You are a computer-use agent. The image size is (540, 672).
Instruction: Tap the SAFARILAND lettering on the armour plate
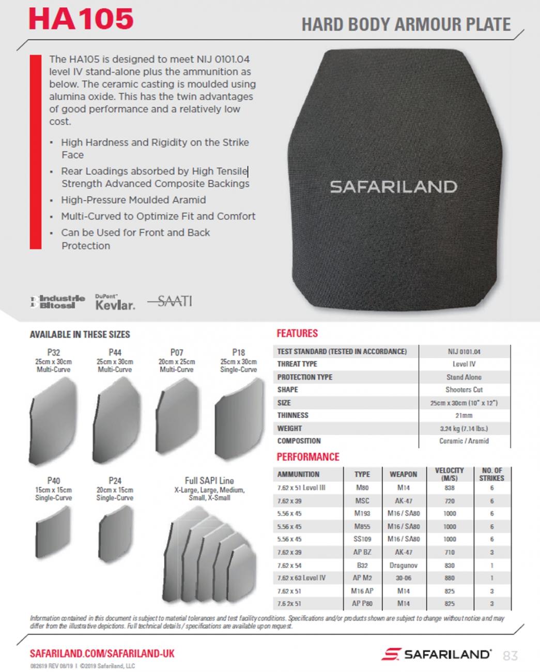coord(393,187)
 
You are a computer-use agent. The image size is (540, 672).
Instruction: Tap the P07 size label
coord(177,352)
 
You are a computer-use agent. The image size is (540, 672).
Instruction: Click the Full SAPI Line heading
coord(209,480)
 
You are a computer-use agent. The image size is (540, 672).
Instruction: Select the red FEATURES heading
coord(297,333)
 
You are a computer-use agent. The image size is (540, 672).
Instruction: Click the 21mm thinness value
coord(464,416)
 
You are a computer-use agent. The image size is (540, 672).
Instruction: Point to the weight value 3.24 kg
coord(464,429)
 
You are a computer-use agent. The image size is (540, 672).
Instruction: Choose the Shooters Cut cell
coord(464,390)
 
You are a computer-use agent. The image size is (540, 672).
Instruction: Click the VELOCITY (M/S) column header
coord(449,474)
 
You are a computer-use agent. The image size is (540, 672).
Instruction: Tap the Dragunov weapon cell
coord(403,566)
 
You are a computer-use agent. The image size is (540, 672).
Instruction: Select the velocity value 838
coord(449,488)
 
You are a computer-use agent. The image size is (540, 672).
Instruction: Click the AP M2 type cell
coord(362,578)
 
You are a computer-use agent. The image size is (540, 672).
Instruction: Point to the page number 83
coord(510,655)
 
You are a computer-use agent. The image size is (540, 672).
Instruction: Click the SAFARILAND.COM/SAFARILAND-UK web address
coord(102,653)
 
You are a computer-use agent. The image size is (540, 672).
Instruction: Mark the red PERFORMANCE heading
coord(308,457)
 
